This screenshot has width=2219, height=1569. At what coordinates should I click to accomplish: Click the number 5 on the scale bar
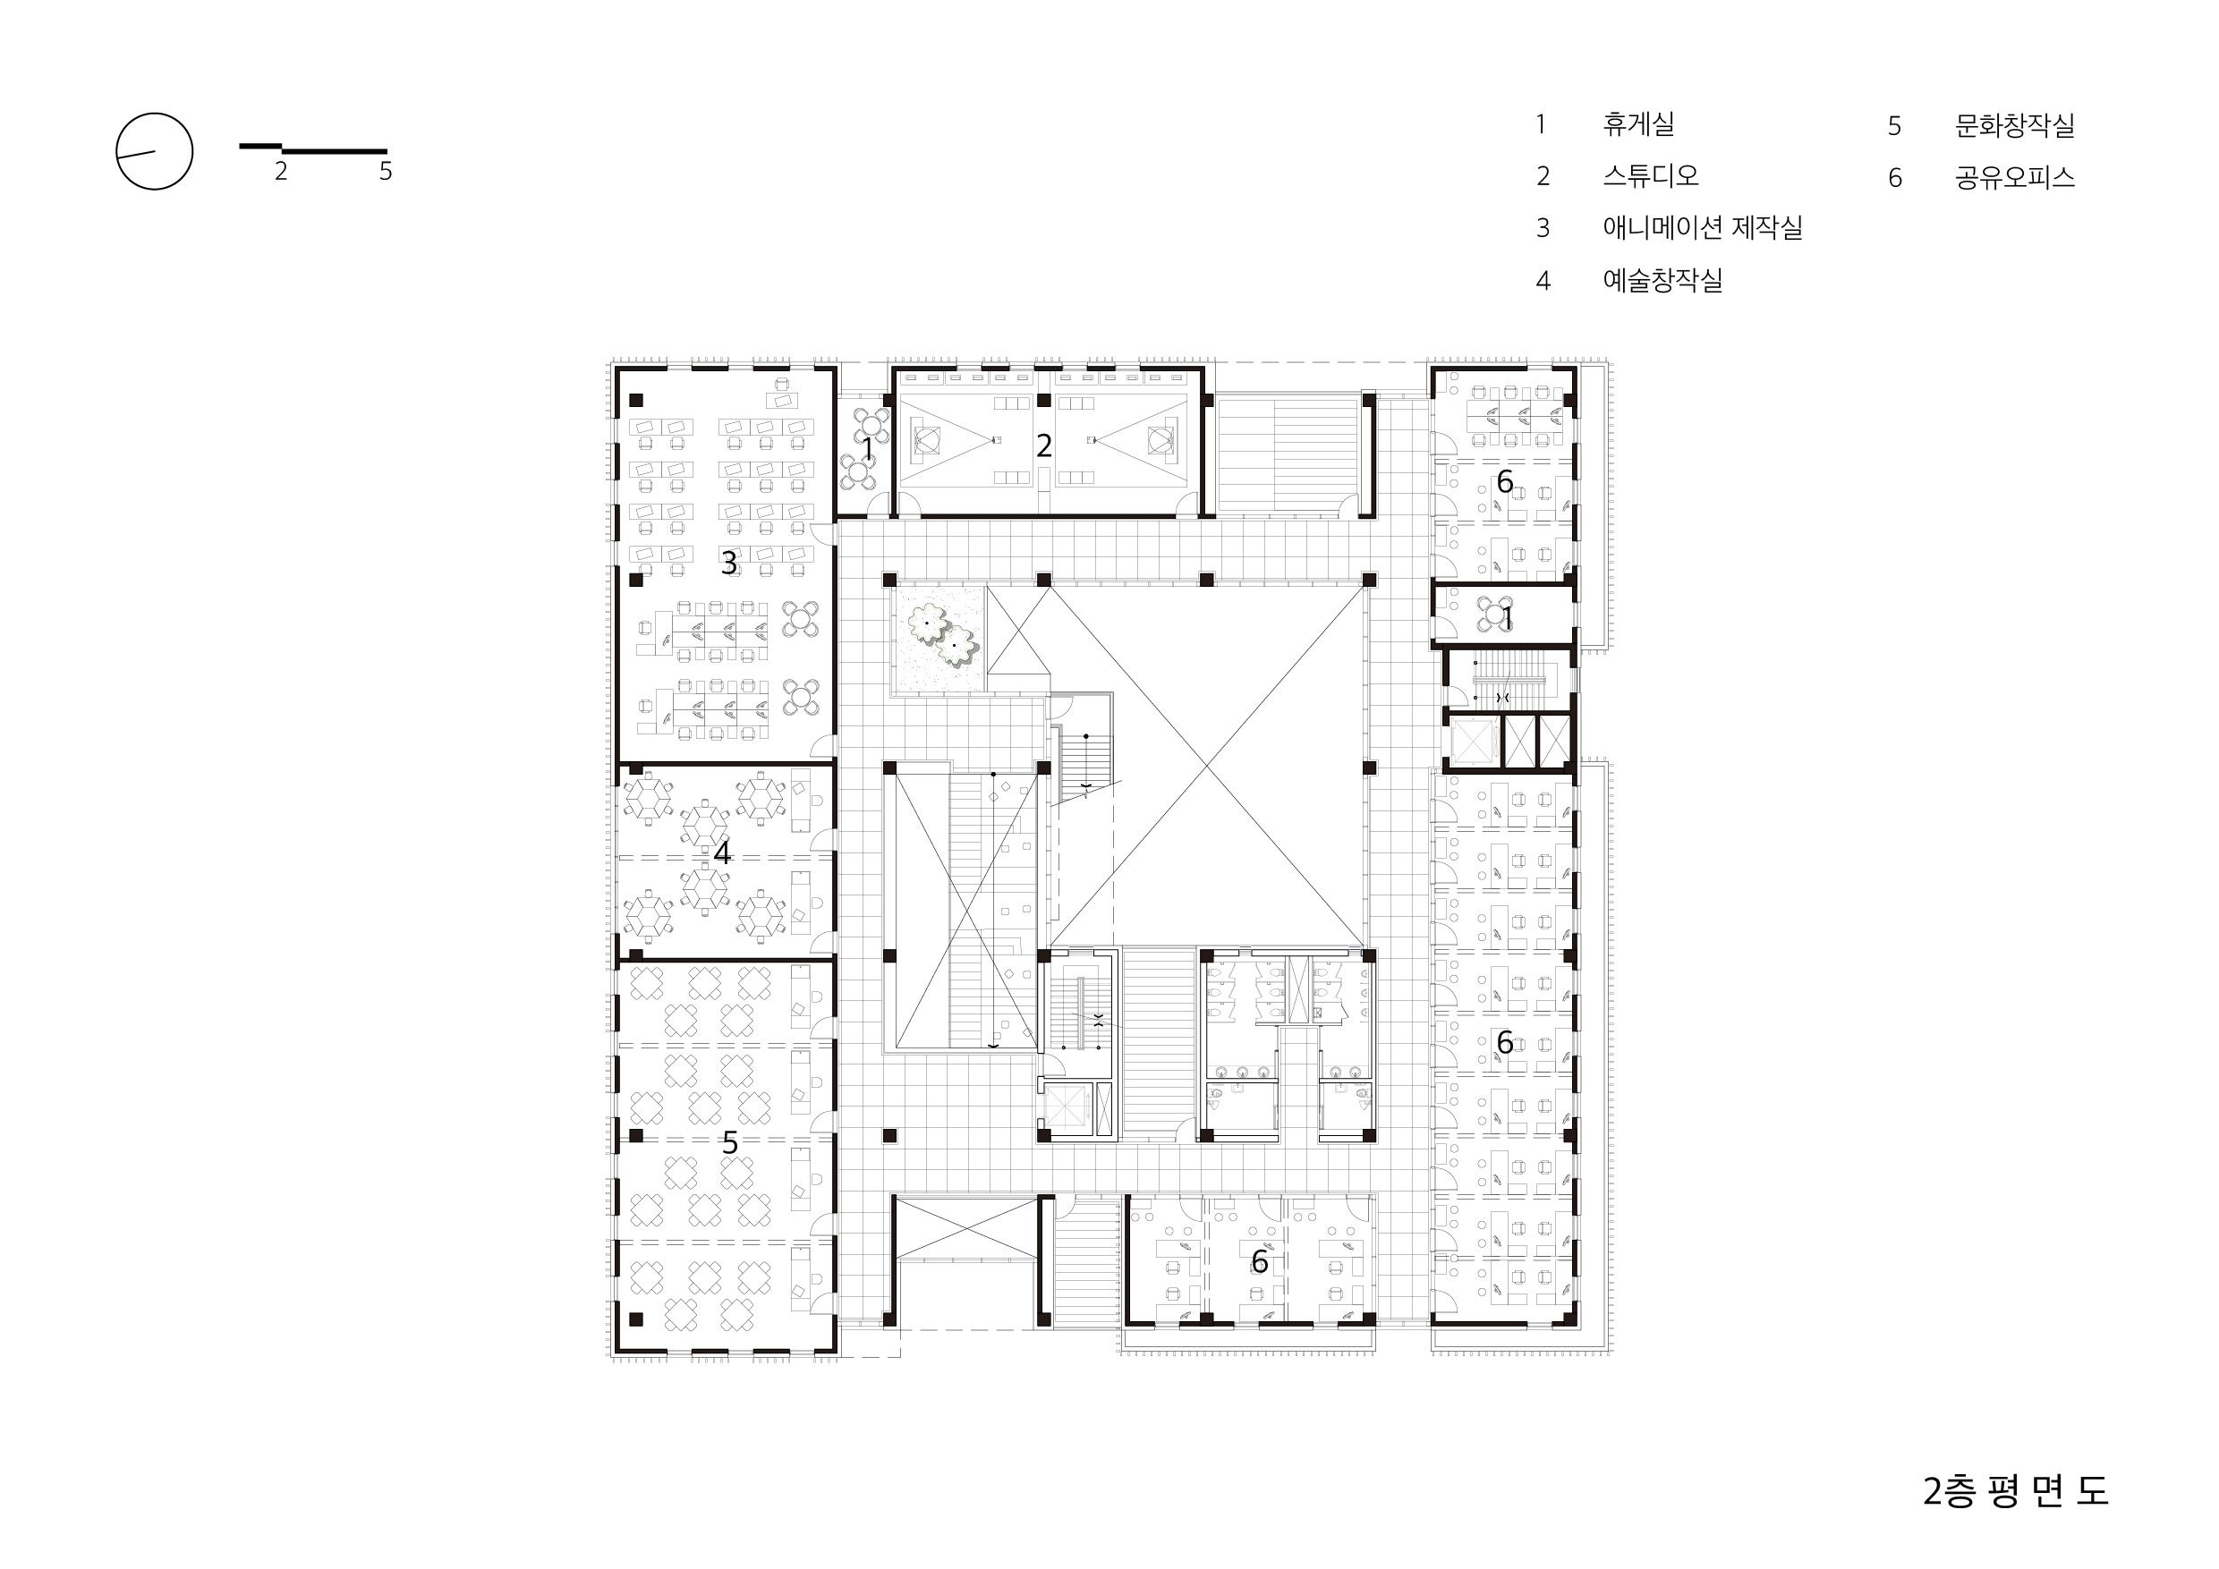tap(386, 171)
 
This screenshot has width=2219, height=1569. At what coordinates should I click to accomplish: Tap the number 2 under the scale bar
tap(280, 171)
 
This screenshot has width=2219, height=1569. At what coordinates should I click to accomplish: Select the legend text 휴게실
tap(1638, 123)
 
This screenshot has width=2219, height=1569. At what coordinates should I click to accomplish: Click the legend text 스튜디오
tap(1650, 176)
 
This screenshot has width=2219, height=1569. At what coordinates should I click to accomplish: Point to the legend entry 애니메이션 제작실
tap(1702, 228)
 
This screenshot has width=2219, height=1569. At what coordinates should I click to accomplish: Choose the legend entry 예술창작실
tap(1662, 280)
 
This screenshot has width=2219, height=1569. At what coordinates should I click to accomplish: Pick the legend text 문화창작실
tap(2014, 125)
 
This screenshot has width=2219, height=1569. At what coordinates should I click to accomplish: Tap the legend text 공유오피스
tap(2014, 178)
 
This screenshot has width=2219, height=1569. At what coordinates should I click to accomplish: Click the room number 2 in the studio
tap(1044, 445)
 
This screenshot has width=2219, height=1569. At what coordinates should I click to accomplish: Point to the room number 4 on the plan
tap(722, 853)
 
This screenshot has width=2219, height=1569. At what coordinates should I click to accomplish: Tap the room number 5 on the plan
tap(730, 1143)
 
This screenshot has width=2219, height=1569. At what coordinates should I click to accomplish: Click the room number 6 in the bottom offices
tap(1259, 1260)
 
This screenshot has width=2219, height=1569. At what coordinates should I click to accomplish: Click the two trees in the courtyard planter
tap(940, 635)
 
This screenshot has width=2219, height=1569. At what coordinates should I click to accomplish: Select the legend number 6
tap(1895, 179)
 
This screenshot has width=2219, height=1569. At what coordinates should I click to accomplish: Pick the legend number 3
tap(1543, 228)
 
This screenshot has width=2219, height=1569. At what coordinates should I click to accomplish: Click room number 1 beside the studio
tap(868, 449)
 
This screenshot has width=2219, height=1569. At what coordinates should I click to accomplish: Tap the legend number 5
tap(1895, 126)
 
